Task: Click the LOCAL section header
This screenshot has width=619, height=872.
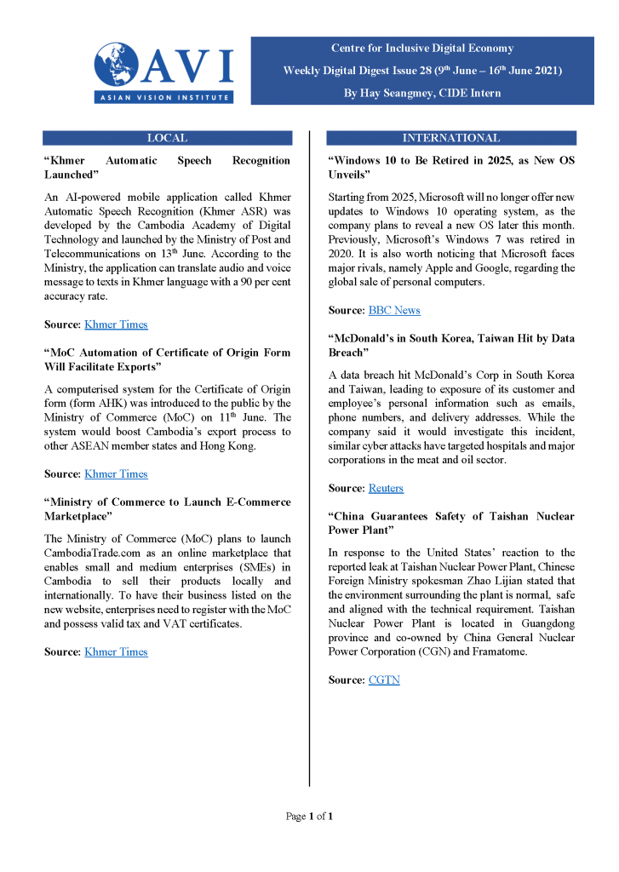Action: (167, 138)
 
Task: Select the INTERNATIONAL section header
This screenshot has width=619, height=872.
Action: (451, 138)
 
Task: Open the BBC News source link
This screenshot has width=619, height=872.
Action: (394, 311)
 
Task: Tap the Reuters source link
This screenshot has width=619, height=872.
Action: (386, 489)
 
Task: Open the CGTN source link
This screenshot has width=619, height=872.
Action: (384, 680)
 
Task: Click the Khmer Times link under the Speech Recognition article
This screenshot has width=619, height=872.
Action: (116, 324)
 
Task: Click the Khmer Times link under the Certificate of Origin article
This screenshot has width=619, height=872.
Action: (116, 474)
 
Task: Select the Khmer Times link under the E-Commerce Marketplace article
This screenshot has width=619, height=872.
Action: (116, 652)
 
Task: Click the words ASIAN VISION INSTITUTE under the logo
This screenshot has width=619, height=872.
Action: (163, 98)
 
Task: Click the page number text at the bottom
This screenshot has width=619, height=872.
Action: (309, 817)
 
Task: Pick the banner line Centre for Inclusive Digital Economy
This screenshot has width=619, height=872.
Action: (422, 49)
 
